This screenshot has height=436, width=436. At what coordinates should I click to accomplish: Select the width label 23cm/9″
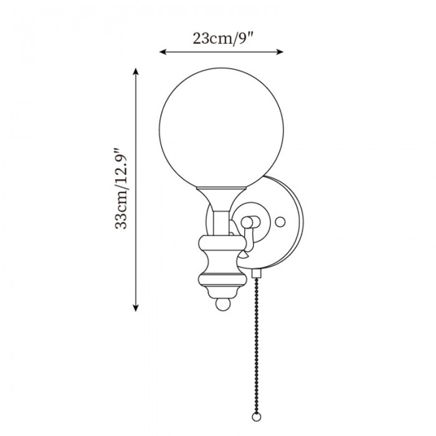tap(222, 38)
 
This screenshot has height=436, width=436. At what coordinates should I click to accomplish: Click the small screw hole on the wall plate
tap(280, 221)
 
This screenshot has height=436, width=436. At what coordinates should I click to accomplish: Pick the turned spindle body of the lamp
tap(220, 265)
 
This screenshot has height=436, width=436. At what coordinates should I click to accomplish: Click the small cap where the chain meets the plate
tap(255, 273)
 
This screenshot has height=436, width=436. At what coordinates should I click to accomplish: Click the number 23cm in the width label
tap(208, 38)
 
